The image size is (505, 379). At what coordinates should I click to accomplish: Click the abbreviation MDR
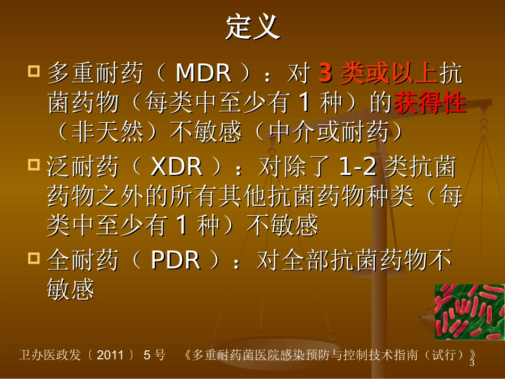[203, 74]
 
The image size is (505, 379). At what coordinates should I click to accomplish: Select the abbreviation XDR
[176, 167]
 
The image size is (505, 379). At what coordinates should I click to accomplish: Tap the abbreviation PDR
[176, 260]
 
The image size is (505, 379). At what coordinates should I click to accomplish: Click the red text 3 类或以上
[377, 74]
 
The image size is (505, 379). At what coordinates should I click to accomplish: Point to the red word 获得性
[430, 103]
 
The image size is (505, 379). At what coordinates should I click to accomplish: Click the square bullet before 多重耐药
[34, 71]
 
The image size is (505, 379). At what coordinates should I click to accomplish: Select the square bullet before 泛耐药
[34, 164]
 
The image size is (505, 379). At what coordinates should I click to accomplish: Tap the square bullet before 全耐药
[34, 258]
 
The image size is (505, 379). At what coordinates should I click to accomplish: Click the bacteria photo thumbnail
[469, 311]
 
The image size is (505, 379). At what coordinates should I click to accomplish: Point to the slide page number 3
[471, 364]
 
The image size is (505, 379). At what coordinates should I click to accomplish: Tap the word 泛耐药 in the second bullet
[82, 167]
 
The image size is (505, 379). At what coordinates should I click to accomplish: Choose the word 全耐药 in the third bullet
[82, 260]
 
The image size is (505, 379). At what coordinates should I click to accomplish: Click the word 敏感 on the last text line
[71, 290]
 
